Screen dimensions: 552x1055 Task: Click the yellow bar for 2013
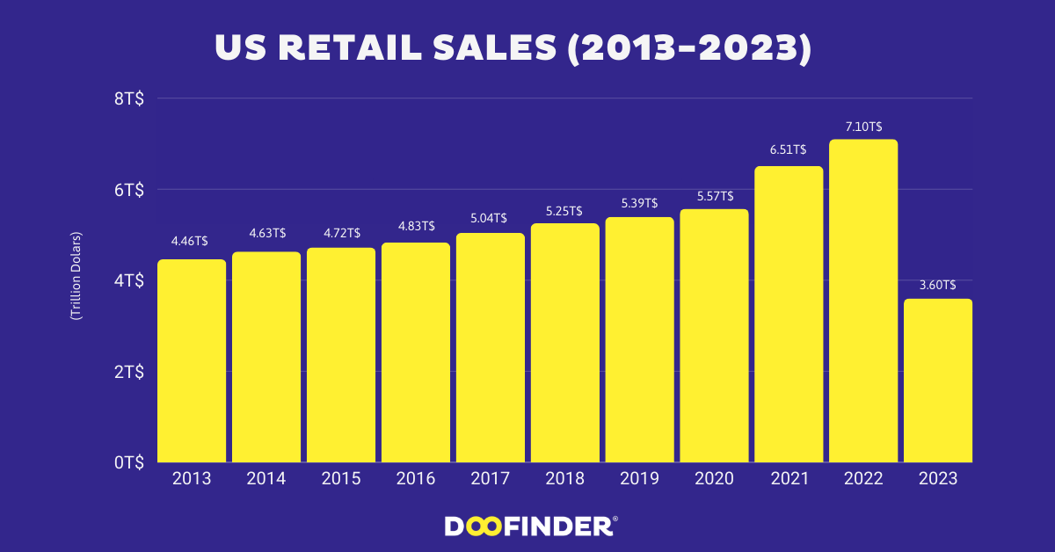click(x=192, y=360)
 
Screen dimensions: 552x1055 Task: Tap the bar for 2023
click(x=938, y=380)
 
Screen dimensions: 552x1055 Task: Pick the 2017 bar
click(x=491, y=347)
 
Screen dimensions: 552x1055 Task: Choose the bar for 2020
click(x=714, y=335)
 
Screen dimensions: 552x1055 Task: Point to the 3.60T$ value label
click(x=938, y=285)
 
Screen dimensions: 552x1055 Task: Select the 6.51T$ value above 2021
click(x=789, y=150)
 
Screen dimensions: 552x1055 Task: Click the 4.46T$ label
click(x=192, y=241)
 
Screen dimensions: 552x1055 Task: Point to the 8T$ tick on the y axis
click(x=129, y=98)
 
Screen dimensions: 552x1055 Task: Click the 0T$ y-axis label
click(x=129, y=461)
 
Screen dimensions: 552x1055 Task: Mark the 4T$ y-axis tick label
click(x=129, y=280)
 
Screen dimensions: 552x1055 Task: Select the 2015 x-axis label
click(x=340, y=479)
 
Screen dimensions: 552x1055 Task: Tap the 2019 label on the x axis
click(x=639, y=479)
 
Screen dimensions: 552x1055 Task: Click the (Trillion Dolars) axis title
click(x=76, y=276)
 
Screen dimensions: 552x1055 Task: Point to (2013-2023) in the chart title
click(x=688, y=50)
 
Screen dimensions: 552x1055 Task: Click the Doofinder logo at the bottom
click(x=530, y=526)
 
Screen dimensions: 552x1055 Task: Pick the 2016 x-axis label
click(x=415, y=479)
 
